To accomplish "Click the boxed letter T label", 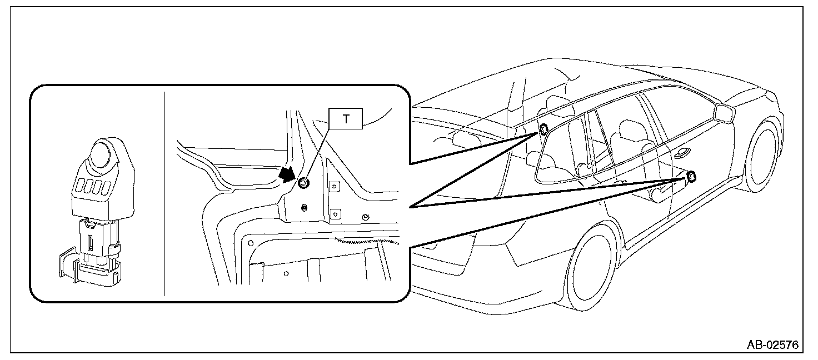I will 346,119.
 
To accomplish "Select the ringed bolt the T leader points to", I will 303,183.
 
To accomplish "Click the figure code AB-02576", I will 772,345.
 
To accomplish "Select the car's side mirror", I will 724,112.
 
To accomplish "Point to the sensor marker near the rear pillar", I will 543,130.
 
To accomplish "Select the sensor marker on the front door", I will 692,177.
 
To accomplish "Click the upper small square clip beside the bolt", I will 335,187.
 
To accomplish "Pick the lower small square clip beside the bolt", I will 335,212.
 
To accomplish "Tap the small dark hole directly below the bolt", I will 304,208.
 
